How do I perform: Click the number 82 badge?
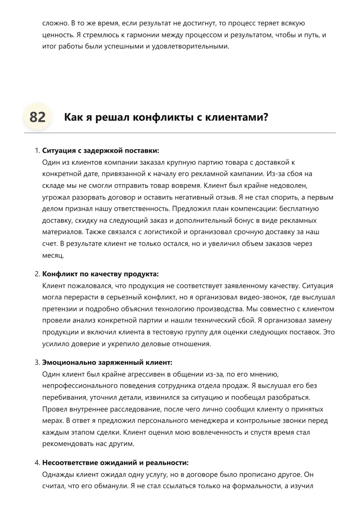[37, 117]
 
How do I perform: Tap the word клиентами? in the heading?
[237, 117]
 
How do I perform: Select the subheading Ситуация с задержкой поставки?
[101, 151]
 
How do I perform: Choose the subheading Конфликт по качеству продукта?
[101, 274]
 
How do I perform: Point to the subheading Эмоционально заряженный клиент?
[107, 362]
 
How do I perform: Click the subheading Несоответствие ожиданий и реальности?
[115, 463]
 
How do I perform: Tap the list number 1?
[37, 151]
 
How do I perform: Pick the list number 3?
[37, 362]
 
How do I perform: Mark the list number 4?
[37, 463]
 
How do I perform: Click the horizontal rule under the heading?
[180, 133]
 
